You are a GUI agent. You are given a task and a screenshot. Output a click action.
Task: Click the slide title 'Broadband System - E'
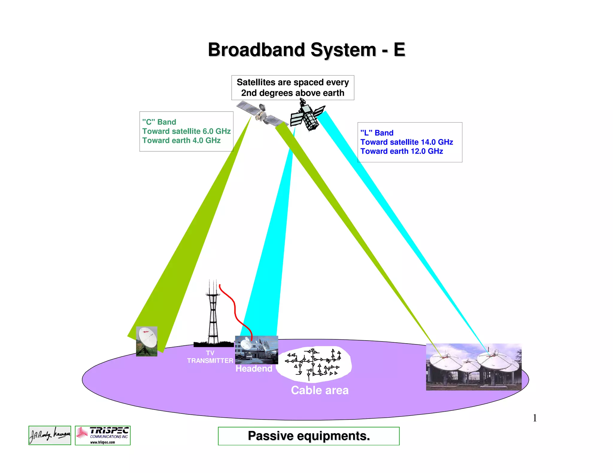point(306,50)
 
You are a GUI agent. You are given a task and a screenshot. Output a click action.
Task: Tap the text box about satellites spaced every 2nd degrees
point(292,88)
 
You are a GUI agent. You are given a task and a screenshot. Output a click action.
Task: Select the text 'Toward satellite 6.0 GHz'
point(186,131)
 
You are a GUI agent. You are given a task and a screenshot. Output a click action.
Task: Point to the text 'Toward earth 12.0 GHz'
point(401,151)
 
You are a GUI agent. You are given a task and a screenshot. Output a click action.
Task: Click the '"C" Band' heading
point(159,122)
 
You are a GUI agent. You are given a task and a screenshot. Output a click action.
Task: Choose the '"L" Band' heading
point(377,133)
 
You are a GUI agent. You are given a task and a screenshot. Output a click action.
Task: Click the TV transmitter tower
point(213,317)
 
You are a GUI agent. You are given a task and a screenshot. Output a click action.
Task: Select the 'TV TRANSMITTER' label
point(210,357)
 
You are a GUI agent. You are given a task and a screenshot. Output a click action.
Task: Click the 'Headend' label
point(254,369)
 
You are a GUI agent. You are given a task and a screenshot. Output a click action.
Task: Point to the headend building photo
point(257,350)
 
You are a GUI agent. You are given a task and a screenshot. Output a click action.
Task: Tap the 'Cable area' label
point(320,390)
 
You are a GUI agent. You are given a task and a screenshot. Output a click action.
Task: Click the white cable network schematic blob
point(314,364)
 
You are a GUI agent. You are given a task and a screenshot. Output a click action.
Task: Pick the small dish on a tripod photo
point(147,341)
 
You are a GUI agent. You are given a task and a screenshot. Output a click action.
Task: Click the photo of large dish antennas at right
point(474,367)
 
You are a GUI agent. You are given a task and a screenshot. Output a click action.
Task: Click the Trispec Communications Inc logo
point(103,435)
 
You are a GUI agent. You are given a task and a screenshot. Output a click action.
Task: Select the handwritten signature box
point(50,435)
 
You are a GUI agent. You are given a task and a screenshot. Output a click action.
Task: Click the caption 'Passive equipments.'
point(309,436)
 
